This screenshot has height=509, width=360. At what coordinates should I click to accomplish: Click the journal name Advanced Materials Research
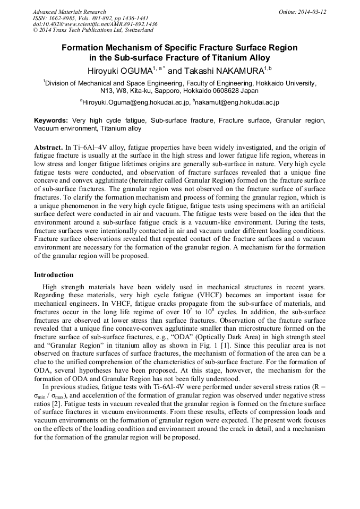point(69,12)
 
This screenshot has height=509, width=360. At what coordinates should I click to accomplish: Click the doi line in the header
point(95,24)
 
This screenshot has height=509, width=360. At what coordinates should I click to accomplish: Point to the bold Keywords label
point(52,120)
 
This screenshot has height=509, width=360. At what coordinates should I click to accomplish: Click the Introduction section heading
point(54,275)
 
